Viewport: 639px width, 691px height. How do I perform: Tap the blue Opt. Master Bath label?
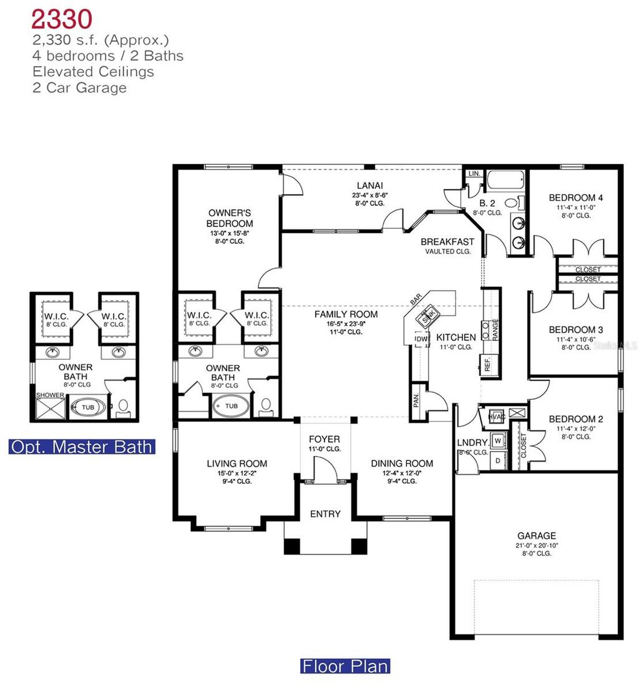pos(82,447)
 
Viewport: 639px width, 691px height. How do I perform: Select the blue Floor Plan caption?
pos(345,665)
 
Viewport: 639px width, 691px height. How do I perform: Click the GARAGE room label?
pos(536,536)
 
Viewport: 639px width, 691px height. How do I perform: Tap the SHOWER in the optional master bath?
pos(50,395)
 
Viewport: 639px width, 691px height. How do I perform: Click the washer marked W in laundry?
pos(497,440)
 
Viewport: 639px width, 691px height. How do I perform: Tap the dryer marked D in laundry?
pos(497,460)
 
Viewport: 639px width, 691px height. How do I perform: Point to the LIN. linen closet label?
pos(473,173)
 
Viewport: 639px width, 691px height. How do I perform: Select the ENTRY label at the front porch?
pos(325,514)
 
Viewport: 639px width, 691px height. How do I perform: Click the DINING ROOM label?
pos(402,463)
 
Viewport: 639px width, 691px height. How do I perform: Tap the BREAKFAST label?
pos(447,241)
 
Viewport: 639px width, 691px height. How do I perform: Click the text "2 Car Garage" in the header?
pos(79,87)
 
